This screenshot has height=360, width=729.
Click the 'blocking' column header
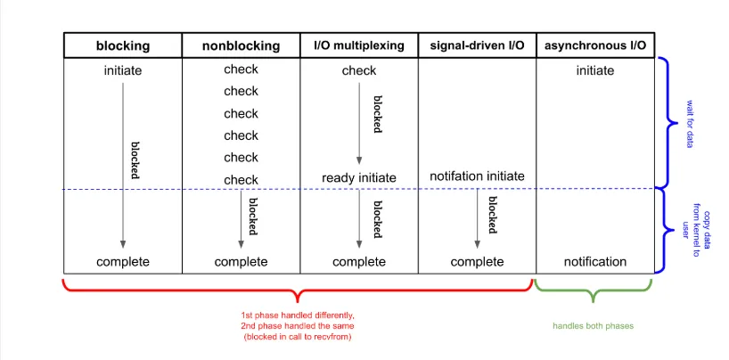point(123,46)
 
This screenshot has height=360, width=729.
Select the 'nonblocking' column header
point(241,46)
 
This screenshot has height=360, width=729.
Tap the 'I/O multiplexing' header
point(359,45)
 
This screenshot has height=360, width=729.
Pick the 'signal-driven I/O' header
point(477,45)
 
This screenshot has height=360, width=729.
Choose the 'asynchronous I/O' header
point(595,45)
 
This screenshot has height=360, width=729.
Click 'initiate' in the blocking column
point(123,70)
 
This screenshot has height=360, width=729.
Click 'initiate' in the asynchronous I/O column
point(595,70)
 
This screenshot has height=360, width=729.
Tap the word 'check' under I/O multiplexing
point(359,70)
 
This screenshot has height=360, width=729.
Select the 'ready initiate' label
point(359,177)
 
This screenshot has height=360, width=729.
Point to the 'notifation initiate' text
point(477,176)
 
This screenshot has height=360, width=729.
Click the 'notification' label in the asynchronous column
point(595,262)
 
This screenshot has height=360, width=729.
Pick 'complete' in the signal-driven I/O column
point(477,262)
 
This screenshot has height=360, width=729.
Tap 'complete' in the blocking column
point(123,262)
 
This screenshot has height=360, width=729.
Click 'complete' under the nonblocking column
point(241,262)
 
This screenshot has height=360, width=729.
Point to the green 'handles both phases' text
point(593,326)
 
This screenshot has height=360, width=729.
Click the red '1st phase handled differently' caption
point(298,314)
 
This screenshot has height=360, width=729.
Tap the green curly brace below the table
point(593,291)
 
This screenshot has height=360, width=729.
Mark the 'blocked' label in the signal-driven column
point(493,215)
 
